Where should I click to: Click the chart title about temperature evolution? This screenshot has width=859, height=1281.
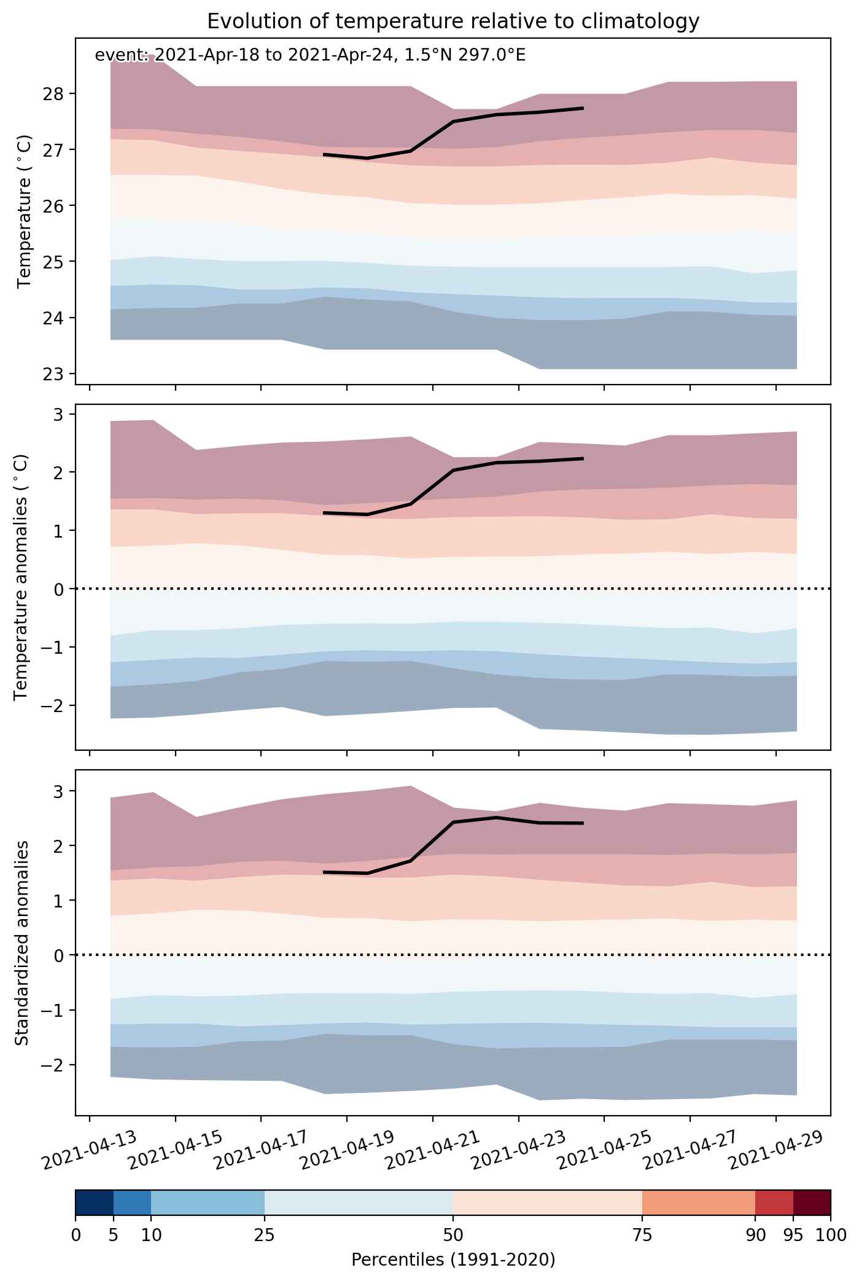[x=453, y=21]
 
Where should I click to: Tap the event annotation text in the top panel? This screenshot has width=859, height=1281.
[x=310, y=55]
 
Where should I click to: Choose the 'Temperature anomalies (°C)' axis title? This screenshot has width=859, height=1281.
[x=21, y=577]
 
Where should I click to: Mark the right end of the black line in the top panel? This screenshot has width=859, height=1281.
[x=583, y=108]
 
